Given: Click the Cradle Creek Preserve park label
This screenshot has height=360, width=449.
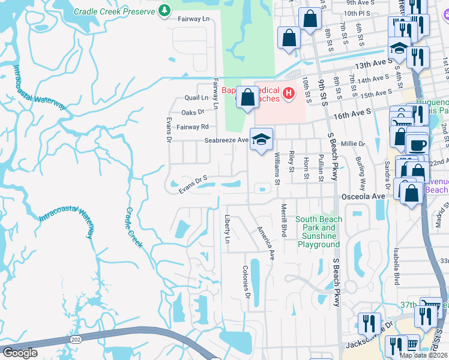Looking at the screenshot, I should (x=114, y=11).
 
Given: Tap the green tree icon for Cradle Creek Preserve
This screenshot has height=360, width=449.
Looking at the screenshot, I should (x=163, y=11).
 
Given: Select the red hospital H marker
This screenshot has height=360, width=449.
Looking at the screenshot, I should (x=289, y=93).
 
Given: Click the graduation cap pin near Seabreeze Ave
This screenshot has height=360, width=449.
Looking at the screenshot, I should (x=261, y=140).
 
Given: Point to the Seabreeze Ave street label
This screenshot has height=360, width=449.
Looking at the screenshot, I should (x=226, y=140).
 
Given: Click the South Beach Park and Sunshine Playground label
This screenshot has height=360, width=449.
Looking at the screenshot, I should (x=318, y=232).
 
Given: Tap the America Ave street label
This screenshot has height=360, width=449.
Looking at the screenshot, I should (x=265, y=242).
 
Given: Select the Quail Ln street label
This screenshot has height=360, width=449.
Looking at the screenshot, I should (x=196, y=97).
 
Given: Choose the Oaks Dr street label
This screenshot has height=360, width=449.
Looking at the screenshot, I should (x=193, y=112).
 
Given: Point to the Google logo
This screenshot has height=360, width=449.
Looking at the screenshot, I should (x=20, y=353).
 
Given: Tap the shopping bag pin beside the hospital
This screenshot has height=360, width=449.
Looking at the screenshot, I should (x=247, y=97).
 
